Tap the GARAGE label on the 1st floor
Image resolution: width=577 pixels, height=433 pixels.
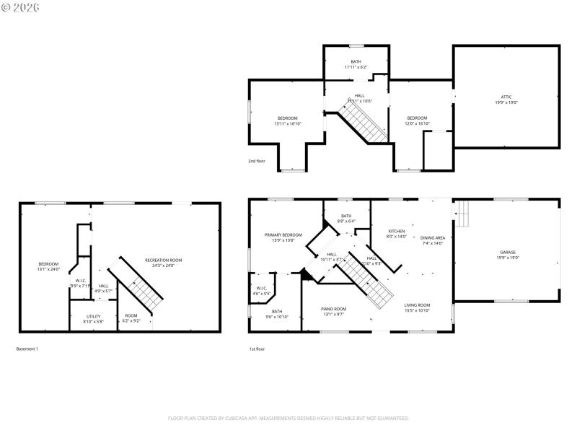pos(507,253)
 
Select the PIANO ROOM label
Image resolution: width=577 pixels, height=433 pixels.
pos(333,309)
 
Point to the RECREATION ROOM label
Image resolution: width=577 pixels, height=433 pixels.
pos(163,260)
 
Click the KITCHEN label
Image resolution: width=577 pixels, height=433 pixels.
pos(397,231)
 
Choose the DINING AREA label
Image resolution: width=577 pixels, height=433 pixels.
pos(433,238)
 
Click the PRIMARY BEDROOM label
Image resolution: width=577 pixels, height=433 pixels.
pos(283,235)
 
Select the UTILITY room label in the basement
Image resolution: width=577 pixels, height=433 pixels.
pos(94,316)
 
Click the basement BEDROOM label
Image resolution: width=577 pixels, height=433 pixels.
pos(48,263)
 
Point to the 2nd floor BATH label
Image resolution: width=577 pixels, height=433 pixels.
pos(356,61)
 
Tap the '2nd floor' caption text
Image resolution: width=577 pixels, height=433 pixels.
pos(256,161)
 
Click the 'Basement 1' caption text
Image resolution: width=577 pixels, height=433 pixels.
pos(27,349)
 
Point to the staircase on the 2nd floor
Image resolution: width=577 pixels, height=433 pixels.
pos(364,123)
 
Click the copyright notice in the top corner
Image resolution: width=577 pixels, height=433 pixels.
pos(21,7)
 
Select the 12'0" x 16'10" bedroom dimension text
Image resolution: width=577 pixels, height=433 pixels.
pos(417,123)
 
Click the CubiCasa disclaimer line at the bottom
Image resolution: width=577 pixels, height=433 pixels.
pos(288,418)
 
